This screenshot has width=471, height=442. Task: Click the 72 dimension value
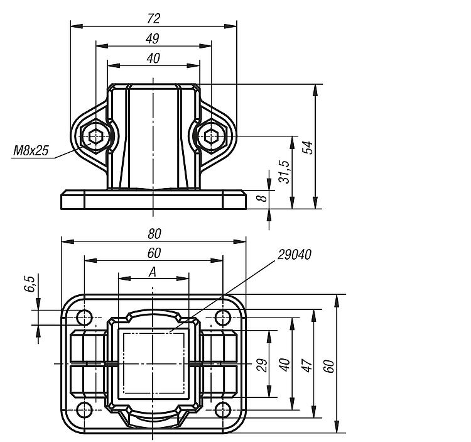point(153,19)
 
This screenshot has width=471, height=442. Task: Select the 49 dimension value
point(153,39)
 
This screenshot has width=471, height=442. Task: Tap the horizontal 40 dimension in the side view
point(153,58)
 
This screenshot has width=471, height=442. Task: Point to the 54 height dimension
point(308,146)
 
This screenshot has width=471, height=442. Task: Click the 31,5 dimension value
point(284,172)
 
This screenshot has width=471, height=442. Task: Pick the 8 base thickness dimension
point(263,198)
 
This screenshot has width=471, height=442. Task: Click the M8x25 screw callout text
point(31,150)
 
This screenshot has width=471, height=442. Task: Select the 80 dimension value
point(154,234)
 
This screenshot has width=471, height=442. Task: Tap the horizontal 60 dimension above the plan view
point(154,253)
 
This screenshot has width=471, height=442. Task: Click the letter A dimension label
point(153,272)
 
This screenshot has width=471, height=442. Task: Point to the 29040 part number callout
point(295,255)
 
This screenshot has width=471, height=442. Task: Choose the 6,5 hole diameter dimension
point(30,284)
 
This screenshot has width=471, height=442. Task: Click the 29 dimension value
point(263,365)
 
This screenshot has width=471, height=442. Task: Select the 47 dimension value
point(307,365)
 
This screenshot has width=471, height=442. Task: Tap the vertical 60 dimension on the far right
point(330,366)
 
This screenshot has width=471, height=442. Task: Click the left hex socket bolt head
point(95,136)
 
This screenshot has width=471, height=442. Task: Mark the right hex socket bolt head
point(211,136)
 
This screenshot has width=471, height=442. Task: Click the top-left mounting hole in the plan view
point(84,318)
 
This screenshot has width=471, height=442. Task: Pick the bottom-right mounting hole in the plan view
point(223,410)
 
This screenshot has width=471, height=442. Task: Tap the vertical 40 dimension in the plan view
point(284,365)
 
